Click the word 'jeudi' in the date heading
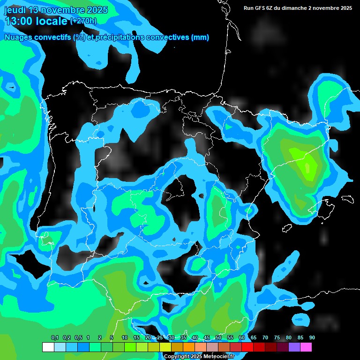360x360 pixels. tap(15, 10)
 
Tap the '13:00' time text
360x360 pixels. tap(19, 21)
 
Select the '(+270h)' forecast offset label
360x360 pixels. tap(83, 21)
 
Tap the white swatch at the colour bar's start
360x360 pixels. tap(48, 347)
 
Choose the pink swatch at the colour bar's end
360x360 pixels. tap(306, 347)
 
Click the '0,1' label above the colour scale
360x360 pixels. tap(54, 338)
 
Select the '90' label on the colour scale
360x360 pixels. tap(312, 338)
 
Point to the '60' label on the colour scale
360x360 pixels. tap(241, 338)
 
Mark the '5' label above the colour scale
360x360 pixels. tap(112, 338)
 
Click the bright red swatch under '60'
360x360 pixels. tap(247, 347)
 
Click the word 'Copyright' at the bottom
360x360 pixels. tap(176, 357)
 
